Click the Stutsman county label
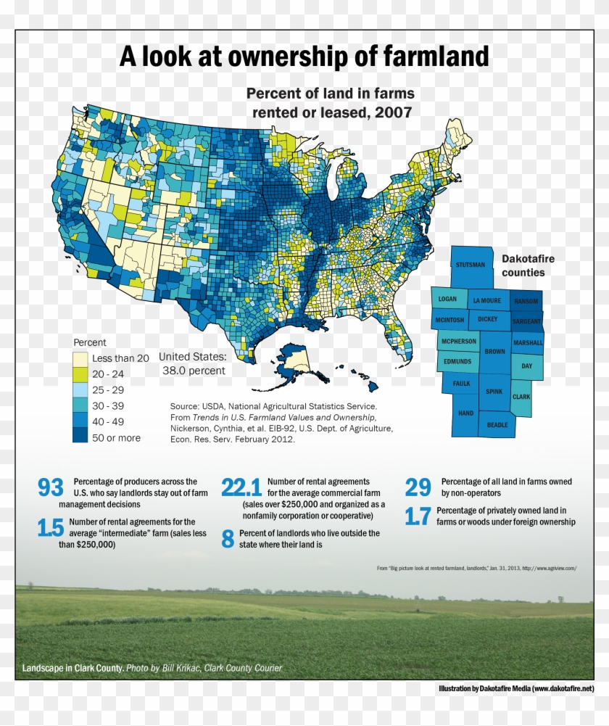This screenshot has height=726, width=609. (471, 265)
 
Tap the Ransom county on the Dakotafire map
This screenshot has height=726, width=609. (525, 300)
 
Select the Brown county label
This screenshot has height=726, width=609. (495, 352)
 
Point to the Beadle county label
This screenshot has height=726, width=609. (497, 425)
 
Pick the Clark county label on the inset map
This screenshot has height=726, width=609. (521, 397)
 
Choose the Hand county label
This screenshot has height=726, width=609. (465, 413)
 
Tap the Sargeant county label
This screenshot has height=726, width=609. (527, 320)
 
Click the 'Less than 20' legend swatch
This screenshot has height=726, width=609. (80, 358)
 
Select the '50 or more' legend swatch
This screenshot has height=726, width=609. (80, 437)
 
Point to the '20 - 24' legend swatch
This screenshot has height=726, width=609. (80, 374)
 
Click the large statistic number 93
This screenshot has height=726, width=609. (51, 488)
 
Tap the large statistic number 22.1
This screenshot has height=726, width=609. (241, 488)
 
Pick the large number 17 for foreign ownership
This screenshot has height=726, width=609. (418, 516)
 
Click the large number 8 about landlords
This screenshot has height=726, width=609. (228, 539)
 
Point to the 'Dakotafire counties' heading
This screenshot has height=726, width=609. (523, 265)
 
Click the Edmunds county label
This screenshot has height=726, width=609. (457, 361)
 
